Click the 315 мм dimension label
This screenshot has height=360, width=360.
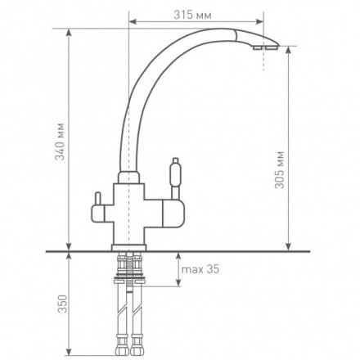point(192,15)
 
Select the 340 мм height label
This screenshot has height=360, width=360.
point(60,142)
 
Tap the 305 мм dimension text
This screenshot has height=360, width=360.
point(279,169)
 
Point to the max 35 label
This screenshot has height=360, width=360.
point(200,269)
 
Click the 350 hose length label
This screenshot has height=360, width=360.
point(62,304)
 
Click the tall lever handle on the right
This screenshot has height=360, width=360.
point(175,178)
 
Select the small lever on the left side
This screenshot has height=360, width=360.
point(97,199)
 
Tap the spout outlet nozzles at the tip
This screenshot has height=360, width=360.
point(264,48)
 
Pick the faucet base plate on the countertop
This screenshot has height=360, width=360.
point(128,247)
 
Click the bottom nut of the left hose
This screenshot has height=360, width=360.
point(121,351)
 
